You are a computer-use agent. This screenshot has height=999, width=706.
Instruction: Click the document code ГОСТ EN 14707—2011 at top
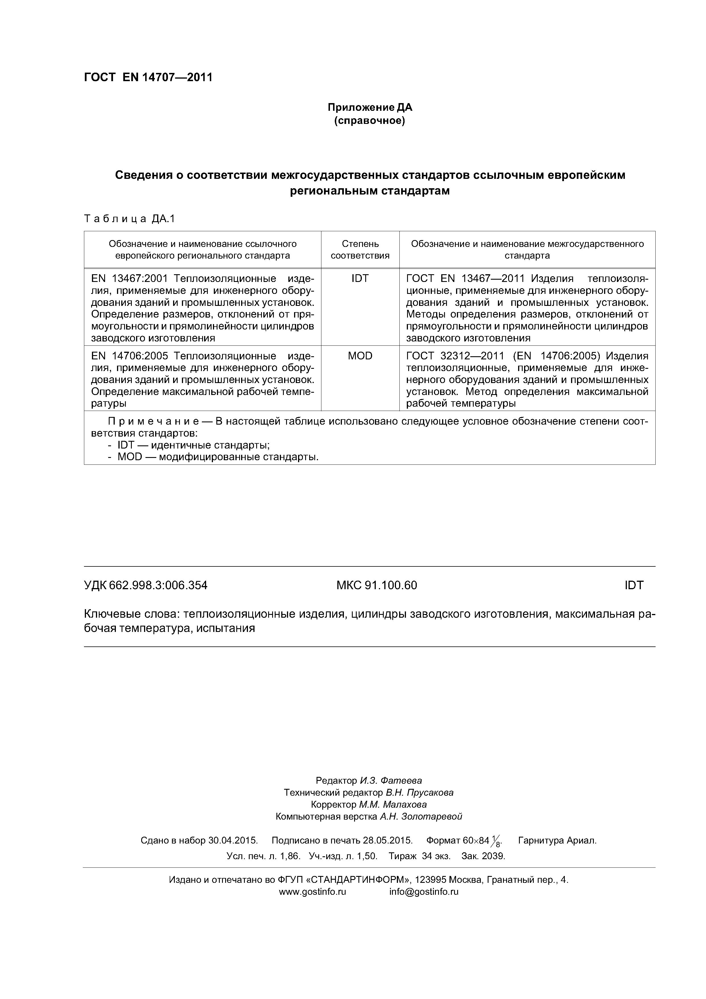(148, 77)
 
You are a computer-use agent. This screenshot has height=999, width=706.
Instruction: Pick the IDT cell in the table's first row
(360, 279)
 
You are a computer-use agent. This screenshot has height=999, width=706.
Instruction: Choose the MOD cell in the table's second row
(360, 356)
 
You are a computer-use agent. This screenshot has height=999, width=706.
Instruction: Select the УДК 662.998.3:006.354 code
(146, 586)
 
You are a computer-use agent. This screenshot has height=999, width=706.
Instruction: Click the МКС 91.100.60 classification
(377, 586)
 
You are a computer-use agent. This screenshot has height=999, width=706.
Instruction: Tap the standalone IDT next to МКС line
(633, 586)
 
